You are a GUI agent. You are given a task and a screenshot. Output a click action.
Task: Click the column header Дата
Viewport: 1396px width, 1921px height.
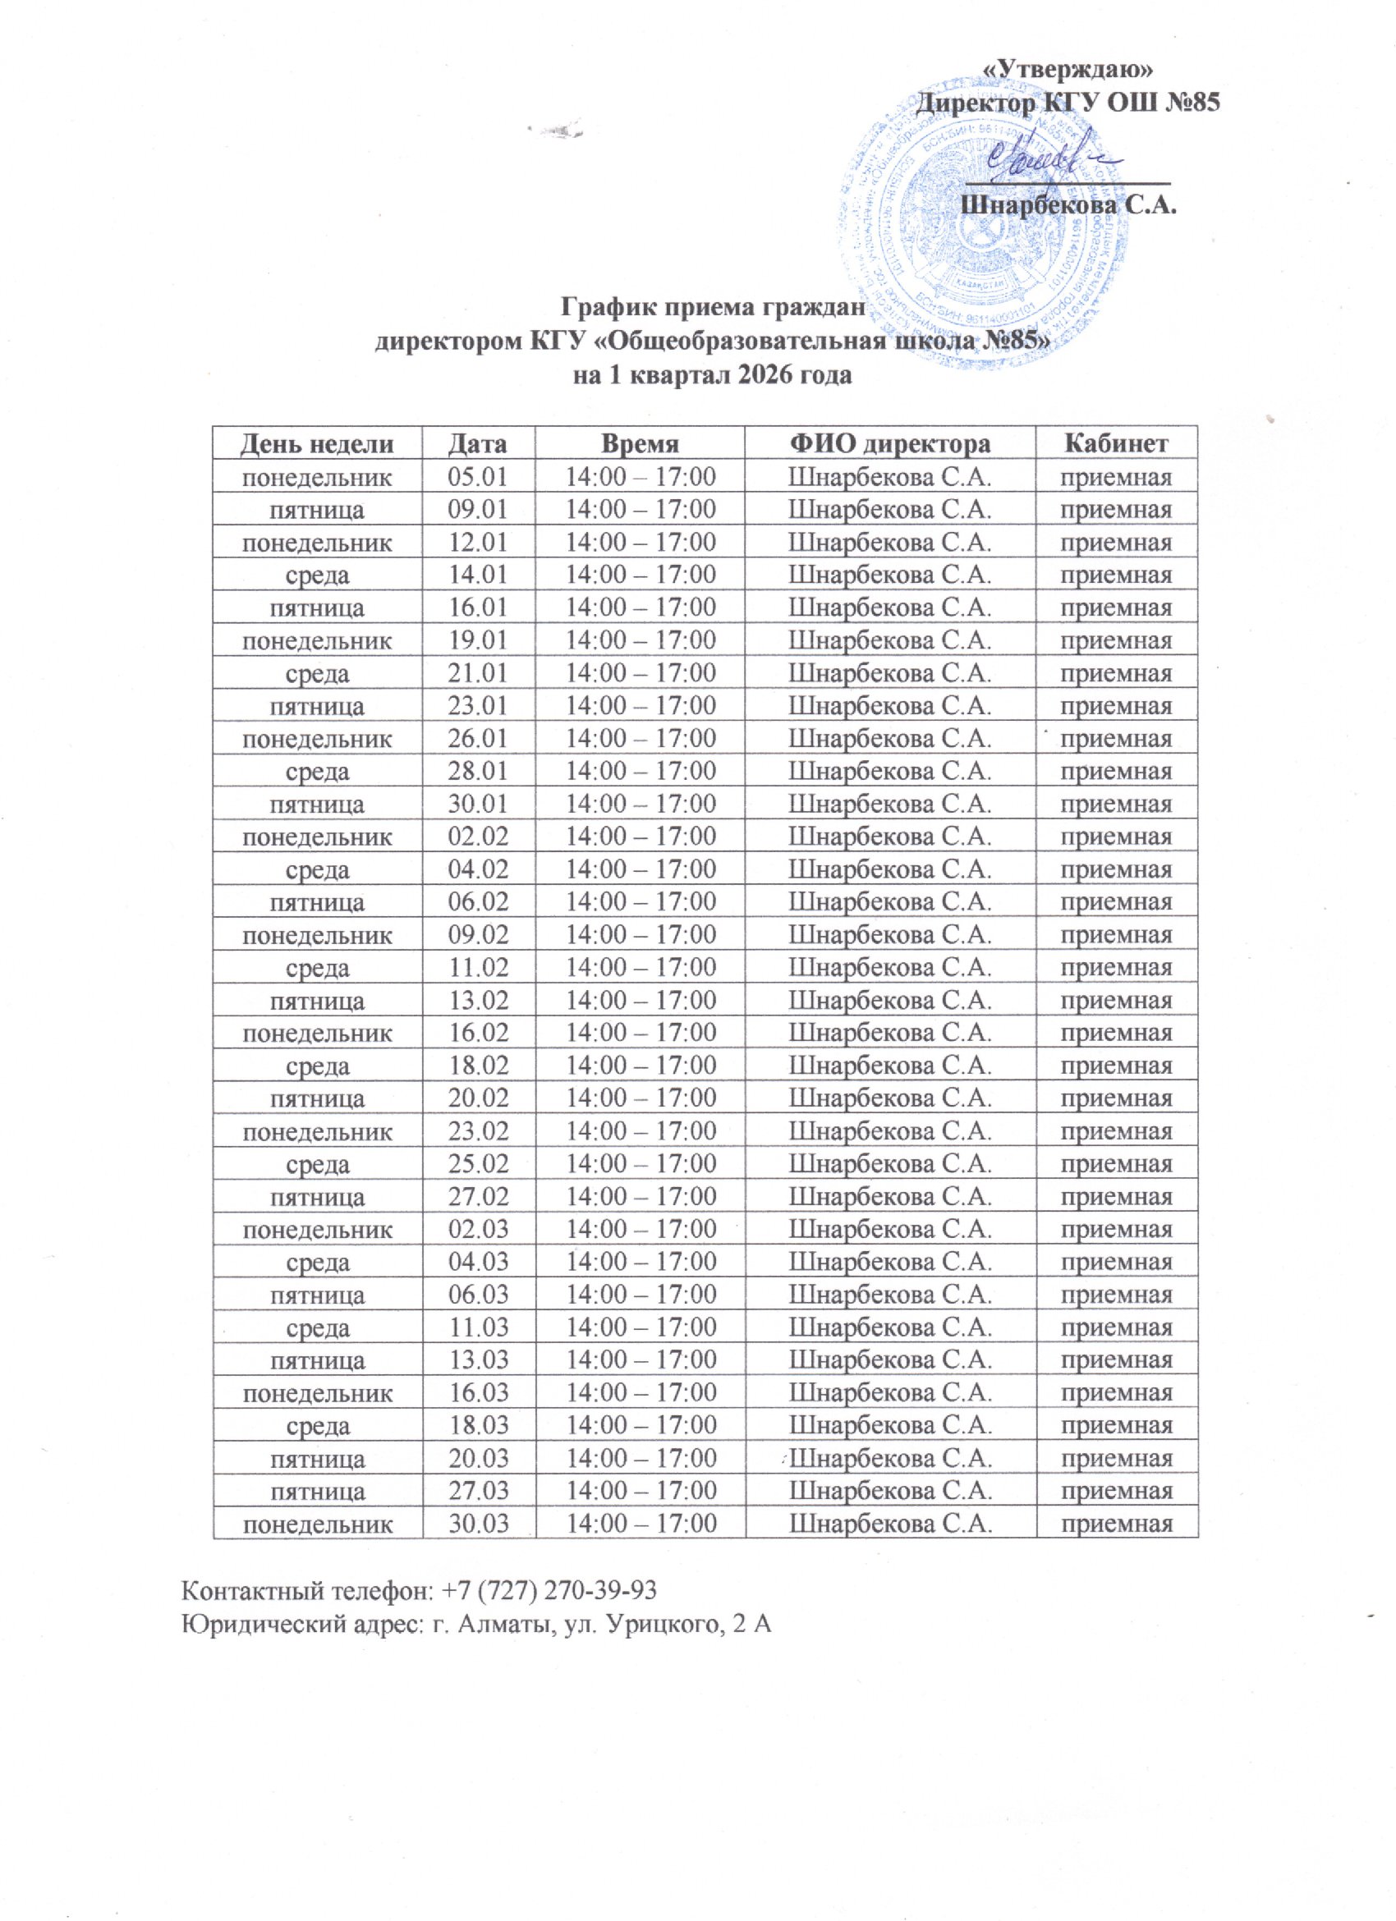coord(478,443)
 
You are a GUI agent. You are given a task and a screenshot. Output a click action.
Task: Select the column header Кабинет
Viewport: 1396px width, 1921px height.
coord(1117,443)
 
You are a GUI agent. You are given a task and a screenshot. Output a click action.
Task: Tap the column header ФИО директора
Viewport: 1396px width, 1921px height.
coord(889,443)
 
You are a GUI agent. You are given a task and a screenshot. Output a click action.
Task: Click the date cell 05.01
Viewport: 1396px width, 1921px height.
coord(478,477)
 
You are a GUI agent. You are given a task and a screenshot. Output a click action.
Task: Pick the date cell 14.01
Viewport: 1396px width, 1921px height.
coord(478,575)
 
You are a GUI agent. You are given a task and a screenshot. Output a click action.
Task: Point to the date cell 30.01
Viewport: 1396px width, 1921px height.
coord(478,803)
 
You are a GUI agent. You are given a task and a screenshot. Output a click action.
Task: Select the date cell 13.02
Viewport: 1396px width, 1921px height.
coord(478,999)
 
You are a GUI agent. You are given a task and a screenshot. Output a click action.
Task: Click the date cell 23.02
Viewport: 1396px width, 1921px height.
coord(478,1130)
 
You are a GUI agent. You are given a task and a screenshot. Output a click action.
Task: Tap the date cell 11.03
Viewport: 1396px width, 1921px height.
coord(478,1327)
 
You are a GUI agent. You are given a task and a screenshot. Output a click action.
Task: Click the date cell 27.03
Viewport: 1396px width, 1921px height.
coord(478,1491)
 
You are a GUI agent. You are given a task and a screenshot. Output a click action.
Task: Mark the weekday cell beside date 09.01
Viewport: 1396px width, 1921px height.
coord(317,510)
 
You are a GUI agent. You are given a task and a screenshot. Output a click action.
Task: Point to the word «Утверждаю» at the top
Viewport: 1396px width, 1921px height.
coord(1072,68)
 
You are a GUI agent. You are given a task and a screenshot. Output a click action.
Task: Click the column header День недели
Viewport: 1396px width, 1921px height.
coord(317,443)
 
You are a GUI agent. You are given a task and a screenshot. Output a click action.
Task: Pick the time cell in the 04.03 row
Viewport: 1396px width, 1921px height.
coord(641,1262)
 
